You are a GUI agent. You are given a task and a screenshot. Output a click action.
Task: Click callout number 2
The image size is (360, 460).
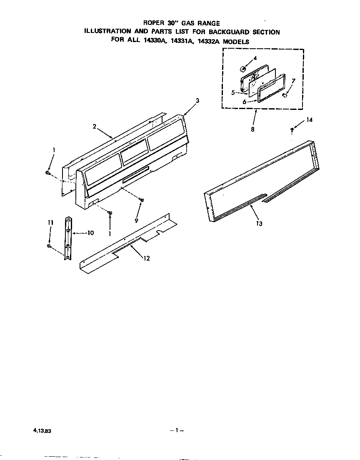coord(95,127)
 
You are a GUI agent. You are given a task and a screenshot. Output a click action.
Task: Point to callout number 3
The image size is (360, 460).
coord(197,100)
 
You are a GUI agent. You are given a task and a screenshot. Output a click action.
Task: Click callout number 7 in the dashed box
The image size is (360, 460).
coord(293,80)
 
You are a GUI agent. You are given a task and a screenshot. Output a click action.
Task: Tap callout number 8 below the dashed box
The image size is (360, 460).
coord(252,129)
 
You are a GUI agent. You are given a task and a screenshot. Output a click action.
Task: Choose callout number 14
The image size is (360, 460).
coord(309,120)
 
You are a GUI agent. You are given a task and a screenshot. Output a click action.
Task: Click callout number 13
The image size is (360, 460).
coord(259,224)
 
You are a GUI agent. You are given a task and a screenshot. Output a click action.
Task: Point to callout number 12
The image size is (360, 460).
coord(147,258)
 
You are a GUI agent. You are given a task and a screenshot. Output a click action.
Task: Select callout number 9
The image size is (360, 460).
coord(136,221)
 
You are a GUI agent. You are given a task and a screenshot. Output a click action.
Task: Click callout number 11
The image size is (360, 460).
coord(50,223)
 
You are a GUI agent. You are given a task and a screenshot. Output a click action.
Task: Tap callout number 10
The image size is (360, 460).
coord(90,233)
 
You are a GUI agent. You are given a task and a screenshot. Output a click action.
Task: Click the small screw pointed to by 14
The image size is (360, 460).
coord(292,130)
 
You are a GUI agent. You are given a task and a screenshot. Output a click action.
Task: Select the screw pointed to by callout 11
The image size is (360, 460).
coord(49,246)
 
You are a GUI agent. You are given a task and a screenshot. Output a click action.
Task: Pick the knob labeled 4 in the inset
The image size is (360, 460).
coord(242,68)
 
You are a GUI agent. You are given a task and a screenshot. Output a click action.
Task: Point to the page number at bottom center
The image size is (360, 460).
coord(177,430)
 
